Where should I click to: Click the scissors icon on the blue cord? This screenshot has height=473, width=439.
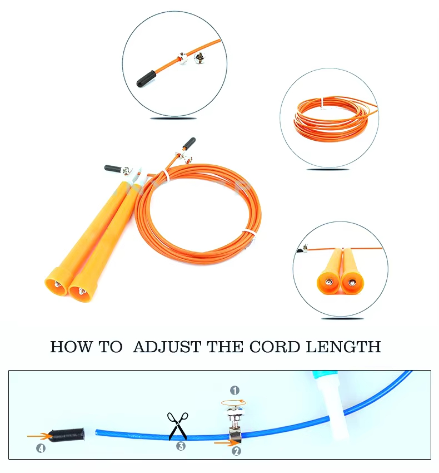tap(178, 426)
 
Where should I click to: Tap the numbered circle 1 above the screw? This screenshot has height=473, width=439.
tap(235, 390)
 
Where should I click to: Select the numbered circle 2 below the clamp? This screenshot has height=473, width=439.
tap(236, 451)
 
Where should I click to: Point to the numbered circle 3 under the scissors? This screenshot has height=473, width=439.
tap(181, 446)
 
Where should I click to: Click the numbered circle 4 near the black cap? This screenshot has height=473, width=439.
tap(41, 449)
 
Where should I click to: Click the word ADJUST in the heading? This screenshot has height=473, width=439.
tap(167, 347)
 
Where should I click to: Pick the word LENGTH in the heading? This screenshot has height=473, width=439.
tap(345, 347)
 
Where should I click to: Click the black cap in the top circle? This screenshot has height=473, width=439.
tap(146, 79)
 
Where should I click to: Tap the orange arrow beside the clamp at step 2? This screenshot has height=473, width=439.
tap(223, 443)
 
